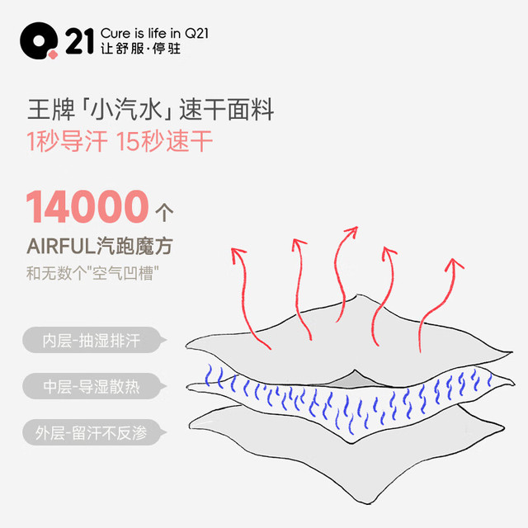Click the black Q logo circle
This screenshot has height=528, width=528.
coord(38,40)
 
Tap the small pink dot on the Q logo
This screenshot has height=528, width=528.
coord(53,54)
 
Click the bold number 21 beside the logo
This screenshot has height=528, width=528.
coord(79,41)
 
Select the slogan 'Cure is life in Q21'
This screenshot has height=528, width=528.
coord(154,33)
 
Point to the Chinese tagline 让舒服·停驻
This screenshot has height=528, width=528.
coord(141,49)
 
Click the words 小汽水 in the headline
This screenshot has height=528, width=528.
coord(127,110)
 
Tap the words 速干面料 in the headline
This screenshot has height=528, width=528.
coord(227,110)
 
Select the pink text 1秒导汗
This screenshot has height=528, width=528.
coord(67,141)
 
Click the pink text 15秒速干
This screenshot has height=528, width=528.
coord(164,141)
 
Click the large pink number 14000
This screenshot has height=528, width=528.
coord(87,206)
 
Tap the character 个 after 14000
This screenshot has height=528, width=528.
coord(164,213)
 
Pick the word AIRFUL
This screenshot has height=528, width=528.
coord(61,246)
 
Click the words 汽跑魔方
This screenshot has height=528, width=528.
coord(135,246)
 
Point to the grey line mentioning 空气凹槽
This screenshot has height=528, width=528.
coord(92,273)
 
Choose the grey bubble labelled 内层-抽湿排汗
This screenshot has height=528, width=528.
coord(95,340)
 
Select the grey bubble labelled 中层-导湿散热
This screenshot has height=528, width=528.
coord(95,386)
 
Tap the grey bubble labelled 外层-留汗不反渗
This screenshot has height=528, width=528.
coord(95,432)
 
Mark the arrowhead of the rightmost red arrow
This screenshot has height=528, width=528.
coord(454,264)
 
